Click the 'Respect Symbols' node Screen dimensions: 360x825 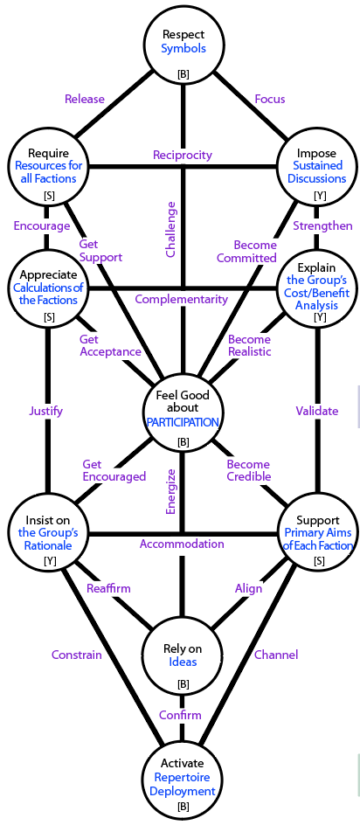pyautogui.click(x=183, y=50)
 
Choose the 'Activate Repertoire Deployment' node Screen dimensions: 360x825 pyautogui.click(x=183, y=777)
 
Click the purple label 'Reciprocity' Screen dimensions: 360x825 pyautogui.click(x=182, y=155)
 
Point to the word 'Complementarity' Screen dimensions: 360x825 pyautogui.click(x=182, y=299)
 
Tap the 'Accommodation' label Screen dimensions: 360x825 pyautogui.click(x=182, y=544)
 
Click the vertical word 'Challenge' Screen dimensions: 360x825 pyautogui.click(x=170, y=229)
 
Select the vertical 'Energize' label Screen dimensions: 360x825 pyautogui.click(x=170, y=492)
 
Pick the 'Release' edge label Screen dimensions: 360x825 pyautogui.click(x=85, y=99)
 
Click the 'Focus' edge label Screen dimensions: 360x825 pyautogui.click(x=269, y=99)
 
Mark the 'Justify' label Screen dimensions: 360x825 pyautogui.click(x=45, y=412)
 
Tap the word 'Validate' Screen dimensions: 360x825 pyautogui.click(x=317, y=411)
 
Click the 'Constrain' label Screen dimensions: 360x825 pyautogui.click(x=76, y=655)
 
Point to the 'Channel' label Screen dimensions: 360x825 pyautogui.click(x=276, y=655)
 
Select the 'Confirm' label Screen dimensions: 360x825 pyautogui.click(x=180, y=715)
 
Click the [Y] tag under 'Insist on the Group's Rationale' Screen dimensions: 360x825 pyautogui.click(x=50, y=561)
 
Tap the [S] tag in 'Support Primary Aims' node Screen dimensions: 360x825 pyautogui.click(x=319, y=561)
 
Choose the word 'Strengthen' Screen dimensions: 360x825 pyautogui.click(x=322, y=225)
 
